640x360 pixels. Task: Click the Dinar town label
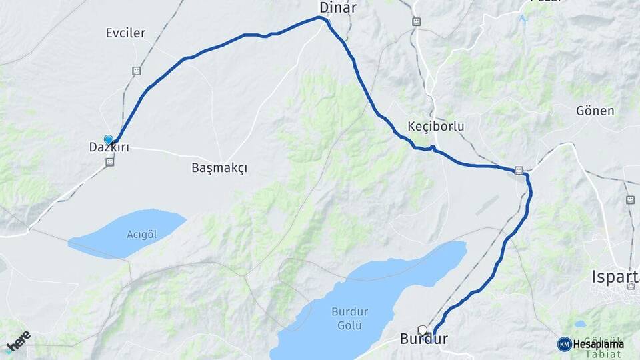click(338, 8)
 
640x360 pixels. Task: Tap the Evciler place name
click(125, 33)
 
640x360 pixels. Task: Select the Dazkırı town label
click(109, 148)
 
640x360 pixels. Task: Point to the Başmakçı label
click(219, 168)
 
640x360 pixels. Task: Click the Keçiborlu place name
click(435, 127)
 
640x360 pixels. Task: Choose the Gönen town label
click(595, 111)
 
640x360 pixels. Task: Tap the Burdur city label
click(423, 340)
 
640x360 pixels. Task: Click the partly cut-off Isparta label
click(615, 276)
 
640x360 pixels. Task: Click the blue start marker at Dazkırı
click(109, 140)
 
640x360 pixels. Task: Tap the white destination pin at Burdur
click(422, 329)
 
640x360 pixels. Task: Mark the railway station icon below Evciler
click(136, 71)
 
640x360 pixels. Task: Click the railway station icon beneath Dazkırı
click(109, 161)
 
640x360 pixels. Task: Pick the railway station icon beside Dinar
click(417, 21)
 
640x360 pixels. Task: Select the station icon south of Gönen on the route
click(519, 170)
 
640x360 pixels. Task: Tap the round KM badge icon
click(564, 344)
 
